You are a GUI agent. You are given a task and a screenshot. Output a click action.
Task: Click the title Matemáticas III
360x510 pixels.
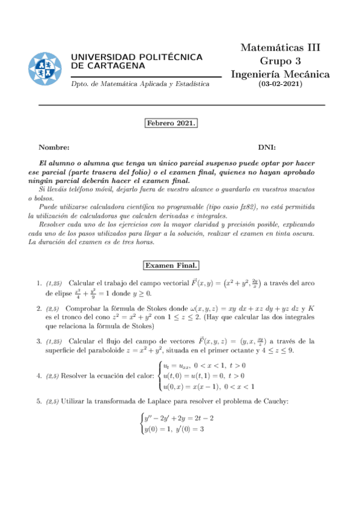280,48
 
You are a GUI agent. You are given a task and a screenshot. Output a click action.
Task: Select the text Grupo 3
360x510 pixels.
280,61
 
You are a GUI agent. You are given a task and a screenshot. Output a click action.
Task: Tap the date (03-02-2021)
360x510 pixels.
280,84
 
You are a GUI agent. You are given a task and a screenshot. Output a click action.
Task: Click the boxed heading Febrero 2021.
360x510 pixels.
171,123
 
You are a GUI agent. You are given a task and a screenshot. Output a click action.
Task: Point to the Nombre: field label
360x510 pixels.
54,147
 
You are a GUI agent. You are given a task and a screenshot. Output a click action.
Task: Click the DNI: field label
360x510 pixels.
267,147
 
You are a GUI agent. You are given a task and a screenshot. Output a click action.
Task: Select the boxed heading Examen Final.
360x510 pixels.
171,265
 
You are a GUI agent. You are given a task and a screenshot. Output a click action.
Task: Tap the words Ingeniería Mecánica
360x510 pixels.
280,74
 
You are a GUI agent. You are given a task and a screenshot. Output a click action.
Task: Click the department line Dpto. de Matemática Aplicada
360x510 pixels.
140,84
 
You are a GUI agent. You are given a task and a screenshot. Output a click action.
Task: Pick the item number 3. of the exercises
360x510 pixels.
38,342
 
